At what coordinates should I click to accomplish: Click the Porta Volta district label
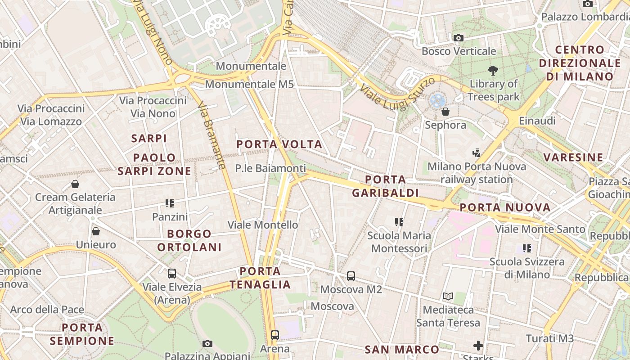pos(279,144)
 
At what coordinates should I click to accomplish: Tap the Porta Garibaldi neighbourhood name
pos(385,186)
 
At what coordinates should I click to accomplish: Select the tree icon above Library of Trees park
pos(493,70)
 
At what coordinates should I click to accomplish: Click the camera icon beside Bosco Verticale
pos(459,38)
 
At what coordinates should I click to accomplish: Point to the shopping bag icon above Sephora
pos(445,111)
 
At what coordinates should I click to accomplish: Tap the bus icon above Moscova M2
pos(351,276)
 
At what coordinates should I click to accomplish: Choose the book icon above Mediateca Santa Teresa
pos(448,296)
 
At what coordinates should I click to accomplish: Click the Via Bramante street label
pos(211,135)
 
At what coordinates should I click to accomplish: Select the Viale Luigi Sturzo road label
pos(397,93)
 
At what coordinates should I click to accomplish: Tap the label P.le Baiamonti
pos(270,168)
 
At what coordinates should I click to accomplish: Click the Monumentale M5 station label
pos(249,84)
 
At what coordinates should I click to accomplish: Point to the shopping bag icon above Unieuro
pos(96,231)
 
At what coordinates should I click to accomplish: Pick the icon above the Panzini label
pos(170,203)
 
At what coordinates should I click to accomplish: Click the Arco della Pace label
pos(47,310)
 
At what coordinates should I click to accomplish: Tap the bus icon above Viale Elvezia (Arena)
pos(172,273)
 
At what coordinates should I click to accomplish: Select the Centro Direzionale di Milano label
pos(580,63)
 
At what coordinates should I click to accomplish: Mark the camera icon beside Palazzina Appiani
pos(207,344)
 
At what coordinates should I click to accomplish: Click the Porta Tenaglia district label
pos(260,278)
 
